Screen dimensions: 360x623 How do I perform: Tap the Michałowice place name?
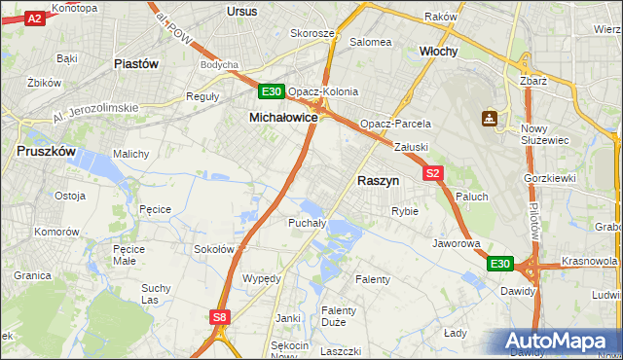pos(283,117)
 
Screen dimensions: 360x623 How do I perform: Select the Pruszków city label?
pos(47,151)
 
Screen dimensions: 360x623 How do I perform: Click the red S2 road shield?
pos(434,173)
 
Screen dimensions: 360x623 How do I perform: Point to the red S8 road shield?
pos(221,316)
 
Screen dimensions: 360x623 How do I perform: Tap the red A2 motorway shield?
pos(33,18)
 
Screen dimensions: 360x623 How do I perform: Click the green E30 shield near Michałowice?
pos(272,92)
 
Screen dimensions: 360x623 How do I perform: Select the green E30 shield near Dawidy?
pos(499,264)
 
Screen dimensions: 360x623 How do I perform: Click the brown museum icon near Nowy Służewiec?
pos(489,119)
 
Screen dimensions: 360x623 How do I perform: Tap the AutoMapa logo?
pos(560,341)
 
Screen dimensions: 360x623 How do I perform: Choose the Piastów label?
pos(136,64)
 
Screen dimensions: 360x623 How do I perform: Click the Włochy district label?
pos(438,51)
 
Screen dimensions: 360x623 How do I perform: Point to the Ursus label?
pos(240,11)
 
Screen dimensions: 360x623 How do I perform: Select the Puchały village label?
pos(307,223)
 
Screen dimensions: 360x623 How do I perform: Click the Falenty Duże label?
pos(338,317)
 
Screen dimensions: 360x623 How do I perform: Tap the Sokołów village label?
pos(214,249)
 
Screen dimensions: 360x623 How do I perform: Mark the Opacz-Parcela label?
pos(394,125)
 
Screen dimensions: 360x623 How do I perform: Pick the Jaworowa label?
pos(457,243)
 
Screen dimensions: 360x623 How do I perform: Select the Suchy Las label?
pos(156,294)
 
